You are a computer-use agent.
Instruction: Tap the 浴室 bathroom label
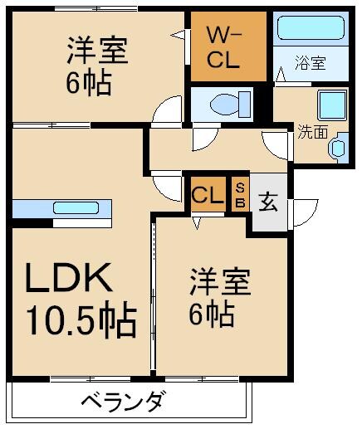pyautogui.click(x=311, y=62)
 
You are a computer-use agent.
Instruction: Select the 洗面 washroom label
pyautogui.click(x=312, y=130)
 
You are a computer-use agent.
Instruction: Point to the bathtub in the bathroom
pyautogui.click(x=309, y=29)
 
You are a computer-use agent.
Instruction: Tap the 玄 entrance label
pyautogui.click(x=267, y=202)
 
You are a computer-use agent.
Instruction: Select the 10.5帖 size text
pyautogui.click(x=81, y=320)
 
